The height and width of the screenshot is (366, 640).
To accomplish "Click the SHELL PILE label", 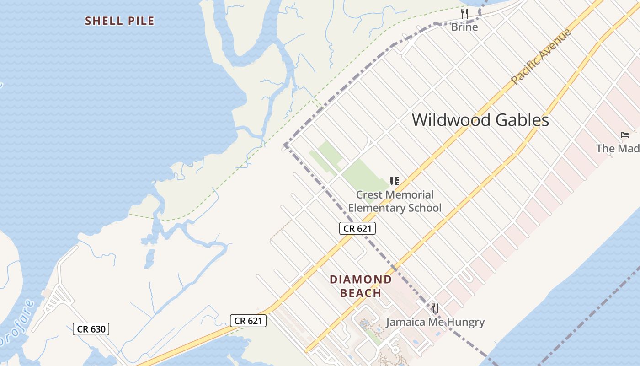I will [120, 21].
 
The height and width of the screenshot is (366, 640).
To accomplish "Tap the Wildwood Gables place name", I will [480, 120].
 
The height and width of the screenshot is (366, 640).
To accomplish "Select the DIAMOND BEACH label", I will [361, 286].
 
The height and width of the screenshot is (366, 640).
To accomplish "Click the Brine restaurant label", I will [464, 27].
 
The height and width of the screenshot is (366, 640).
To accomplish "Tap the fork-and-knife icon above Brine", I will [464, 13].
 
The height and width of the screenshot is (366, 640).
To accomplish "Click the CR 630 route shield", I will [91, 328].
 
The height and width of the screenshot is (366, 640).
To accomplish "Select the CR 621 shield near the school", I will [357, 228].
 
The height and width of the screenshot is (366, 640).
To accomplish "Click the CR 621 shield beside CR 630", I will [248, 321].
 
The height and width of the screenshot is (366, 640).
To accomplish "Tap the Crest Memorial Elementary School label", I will [395, 201].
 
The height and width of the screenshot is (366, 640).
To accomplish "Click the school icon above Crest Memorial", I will [395, 181].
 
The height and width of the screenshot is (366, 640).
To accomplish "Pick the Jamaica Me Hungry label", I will [435, 322].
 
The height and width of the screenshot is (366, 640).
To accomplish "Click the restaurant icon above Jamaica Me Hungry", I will [435, 308].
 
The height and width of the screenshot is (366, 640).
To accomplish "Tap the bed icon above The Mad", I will [625, 135].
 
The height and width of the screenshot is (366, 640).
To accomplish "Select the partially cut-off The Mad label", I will [618, 148].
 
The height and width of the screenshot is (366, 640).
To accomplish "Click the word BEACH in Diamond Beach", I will [361, 293].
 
